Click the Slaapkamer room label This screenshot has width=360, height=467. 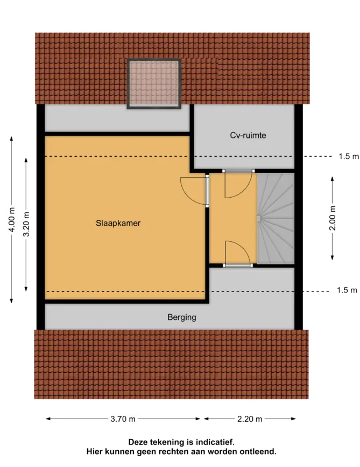pyautogui.click(x=118, y=223)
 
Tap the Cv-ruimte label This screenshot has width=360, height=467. pyautogui.click(x=248, y=135)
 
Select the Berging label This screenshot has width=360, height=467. pyautogui.click(x=182, y=317)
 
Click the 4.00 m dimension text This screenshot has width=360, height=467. pyautogui.click(x=11, y=220)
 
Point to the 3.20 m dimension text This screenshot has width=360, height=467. pyautogui.click(x=26, y=224)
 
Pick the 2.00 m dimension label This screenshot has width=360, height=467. pyautogui.click(x=333, y=218)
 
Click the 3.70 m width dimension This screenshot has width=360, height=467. pyautogui.click(x=123, y=419)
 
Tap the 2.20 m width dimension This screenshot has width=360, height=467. pyautogui.click(x=250, y=419)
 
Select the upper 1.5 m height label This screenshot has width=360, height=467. pyautogui.click(x=349, y=156)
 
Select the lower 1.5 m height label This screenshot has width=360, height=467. pyautogui.click(x=347, y=290)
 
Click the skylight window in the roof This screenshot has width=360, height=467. pyautogui.click(x=154, y=83)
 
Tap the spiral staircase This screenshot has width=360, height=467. pyautogui.click(x=276, y=219)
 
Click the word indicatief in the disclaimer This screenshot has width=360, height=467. pyautogui.click(x=217, y=442)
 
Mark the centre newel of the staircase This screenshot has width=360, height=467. pyautogui.click(x=259, y=219)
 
